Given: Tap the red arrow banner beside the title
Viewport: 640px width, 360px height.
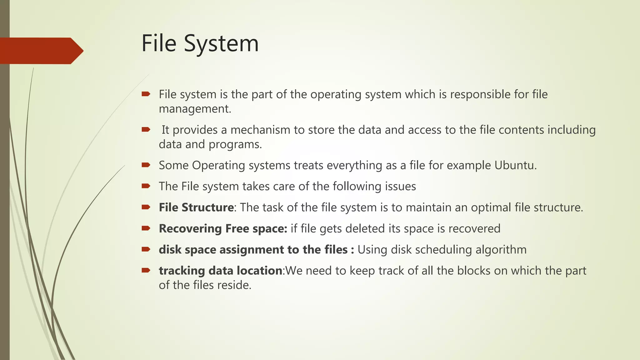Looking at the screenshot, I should coord(41,51).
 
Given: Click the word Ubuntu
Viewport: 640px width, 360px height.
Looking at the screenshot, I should coord(515,165).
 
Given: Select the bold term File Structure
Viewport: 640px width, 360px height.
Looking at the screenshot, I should coord(196,207).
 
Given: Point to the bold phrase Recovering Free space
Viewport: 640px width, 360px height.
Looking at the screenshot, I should coord(223,229).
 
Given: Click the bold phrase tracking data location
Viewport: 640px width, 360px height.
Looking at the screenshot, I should coord(221,271).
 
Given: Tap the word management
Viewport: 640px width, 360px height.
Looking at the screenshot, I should coord(194,109).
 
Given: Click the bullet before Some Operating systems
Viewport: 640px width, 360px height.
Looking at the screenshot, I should coord(146,165).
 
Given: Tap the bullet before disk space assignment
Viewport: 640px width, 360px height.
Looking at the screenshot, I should coord(146,249).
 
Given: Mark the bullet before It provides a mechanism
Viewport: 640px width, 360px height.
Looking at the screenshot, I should coord(146,129).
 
